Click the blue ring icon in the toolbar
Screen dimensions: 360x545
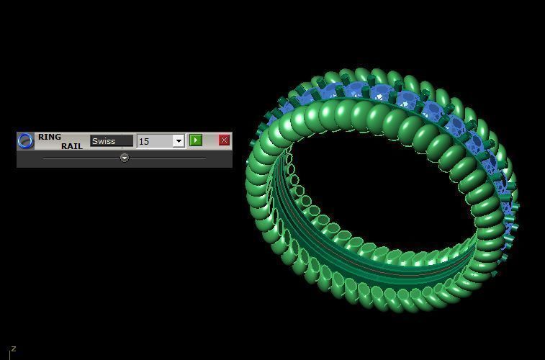click(25, 140)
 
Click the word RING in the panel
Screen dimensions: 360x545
click(50, 137)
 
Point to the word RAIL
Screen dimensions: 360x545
click(71, 146)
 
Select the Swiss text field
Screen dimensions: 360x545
click(112, 140)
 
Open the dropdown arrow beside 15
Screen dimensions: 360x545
click(179, 140)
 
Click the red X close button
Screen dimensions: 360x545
click(224, 140)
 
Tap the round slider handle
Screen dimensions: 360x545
click(124, 157)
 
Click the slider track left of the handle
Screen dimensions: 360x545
click(79, 157)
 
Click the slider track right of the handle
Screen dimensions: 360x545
click(169, 157)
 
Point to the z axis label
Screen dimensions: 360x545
click(13, 349)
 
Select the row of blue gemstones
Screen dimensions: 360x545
click(403, 101)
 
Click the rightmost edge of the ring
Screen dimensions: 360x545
click(517, 209)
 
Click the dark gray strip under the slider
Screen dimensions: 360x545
click(124, 165)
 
